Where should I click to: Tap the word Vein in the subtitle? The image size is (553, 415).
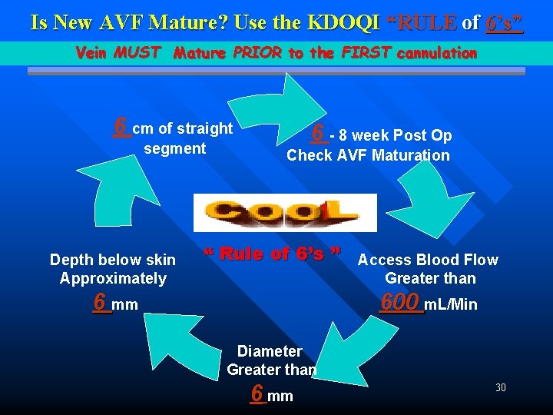click(92, 53)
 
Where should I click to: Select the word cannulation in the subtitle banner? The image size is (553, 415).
click(435, 53)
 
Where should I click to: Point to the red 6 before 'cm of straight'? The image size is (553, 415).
click(121, 125)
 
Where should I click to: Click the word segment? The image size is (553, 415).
click(174, 148)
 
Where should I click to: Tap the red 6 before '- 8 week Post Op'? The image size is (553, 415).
click(320, 133)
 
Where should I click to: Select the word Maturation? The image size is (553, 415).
click(412, 155)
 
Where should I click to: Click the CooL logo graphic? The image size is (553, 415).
click(285, 212)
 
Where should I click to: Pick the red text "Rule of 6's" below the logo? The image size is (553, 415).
click(272, 254)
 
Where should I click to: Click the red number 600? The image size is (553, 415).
click(402, 301)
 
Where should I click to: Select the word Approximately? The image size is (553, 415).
click(113, 278)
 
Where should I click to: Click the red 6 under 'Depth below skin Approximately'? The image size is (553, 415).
click(100, 302)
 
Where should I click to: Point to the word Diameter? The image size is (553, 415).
click(270, 351)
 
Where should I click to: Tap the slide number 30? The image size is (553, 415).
click(500, 387)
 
